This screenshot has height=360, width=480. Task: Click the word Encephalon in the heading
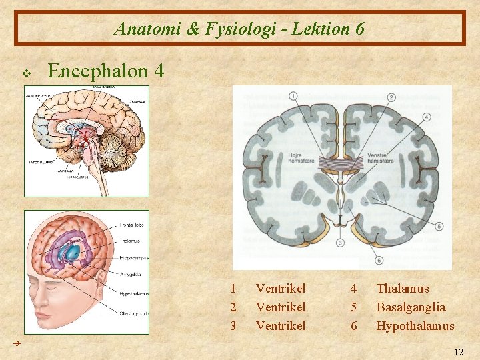tap(94, 71)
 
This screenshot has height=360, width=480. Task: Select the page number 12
tap(457, 351)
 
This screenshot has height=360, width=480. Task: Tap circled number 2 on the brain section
tap(391, 98)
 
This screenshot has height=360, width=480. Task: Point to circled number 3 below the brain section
tap(340, 243)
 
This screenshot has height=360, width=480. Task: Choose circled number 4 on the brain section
tap(426, 118)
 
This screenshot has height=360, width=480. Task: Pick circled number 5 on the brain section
tap(439, 227)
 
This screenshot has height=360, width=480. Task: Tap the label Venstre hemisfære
tap(381, 158)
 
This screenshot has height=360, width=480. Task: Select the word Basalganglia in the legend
tap(411, 307)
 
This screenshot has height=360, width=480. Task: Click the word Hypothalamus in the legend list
tap(415, 326)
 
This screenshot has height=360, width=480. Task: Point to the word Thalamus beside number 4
tap(403, 289)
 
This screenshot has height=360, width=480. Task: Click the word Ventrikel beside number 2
tap(281, 307)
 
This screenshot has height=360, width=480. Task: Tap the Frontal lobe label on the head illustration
tap(134, 225)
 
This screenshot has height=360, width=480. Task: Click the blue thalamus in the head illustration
tap(70, 252)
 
